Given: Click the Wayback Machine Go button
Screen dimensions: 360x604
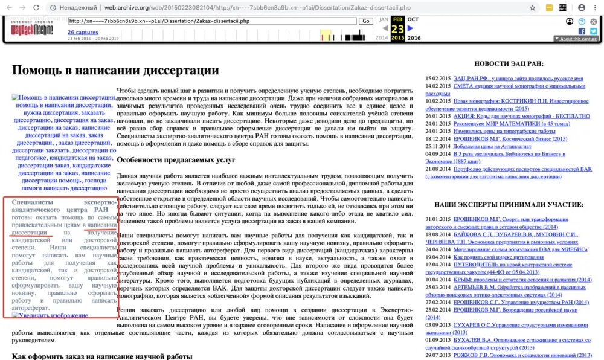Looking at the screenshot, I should tap(365, 21).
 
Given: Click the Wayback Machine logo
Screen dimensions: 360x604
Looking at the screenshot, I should tap(33, 28).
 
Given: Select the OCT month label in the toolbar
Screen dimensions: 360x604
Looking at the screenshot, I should tap(413, 19).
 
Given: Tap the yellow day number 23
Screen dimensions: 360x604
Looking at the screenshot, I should tap(398, 28).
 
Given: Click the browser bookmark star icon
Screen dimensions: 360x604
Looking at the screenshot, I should tap(533, 8).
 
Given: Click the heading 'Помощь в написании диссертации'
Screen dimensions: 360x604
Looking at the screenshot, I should tap(115, 69).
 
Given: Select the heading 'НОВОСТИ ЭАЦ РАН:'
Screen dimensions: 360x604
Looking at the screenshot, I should tap(509, 63).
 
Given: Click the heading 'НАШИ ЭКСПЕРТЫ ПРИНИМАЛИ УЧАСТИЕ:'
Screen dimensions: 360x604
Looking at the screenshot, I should tap(509, 205).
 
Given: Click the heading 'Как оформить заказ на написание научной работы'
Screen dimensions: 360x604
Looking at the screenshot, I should tap(102, 356).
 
